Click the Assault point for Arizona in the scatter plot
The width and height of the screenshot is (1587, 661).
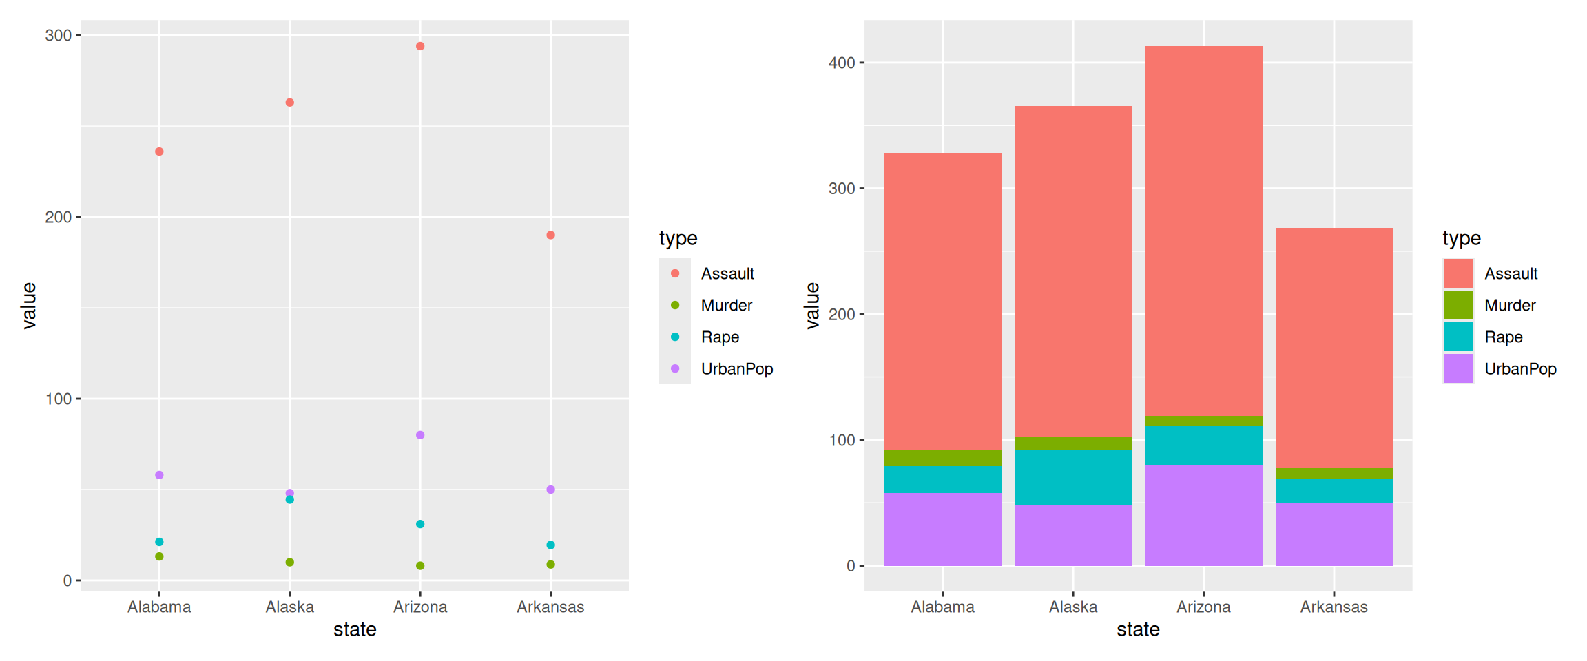pyautogui.click(x=420, y=46)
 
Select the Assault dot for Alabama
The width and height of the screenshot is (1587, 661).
pyautogui.click(x=159, y=151)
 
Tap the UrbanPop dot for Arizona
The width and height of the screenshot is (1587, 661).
pyautogui.click(x=420, y=435)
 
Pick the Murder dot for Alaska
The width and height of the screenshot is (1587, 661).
pyautogui.click(x=290, y=563)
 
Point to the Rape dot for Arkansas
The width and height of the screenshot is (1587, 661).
pyautogui.click(x=550, y=545)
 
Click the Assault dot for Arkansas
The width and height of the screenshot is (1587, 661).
pyautogui.click(x=550, y=235)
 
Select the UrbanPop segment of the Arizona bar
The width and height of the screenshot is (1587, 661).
pyautogui.click(x=1203, y=515)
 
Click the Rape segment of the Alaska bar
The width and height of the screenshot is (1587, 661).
pyautogui.click(x=1073, y=477)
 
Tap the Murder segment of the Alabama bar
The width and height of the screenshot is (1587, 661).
pyautogui.click(x=942, y=458)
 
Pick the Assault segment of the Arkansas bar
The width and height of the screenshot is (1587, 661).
pyautogui.click(x=1334, y=348)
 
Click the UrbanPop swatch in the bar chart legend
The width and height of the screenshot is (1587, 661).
pyautogui.click(x=1458, y=368)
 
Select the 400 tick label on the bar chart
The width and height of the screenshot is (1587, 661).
pyautogui.click(x=842, y=63)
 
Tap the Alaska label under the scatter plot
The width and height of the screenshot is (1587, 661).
pyautogui.click(x=290, y=607)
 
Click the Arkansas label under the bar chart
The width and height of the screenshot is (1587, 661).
pyautogui.click(x=1334, y=607)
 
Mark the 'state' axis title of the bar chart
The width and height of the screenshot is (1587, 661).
pyautogui.click(x=1138, y=629)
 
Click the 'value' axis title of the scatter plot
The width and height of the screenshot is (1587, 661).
pyautogui.click(x=29, y=306)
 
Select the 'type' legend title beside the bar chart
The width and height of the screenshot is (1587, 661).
pyautogui.click(x=1462, y=238)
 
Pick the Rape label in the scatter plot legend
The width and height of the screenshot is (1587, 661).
pyautogui.click(x=720, y=337)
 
